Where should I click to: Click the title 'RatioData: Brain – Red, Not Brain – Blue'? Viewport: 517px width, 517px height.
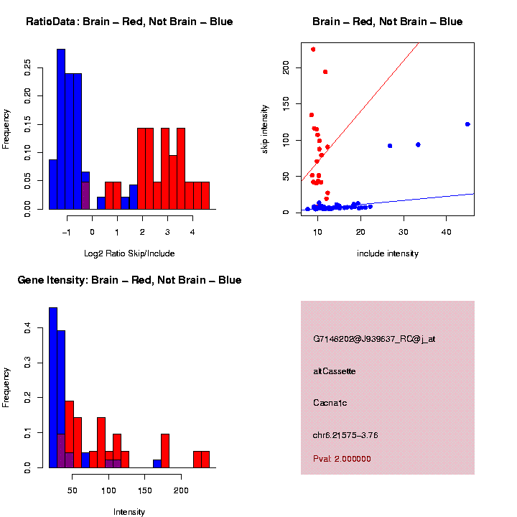click(x=129, y=22)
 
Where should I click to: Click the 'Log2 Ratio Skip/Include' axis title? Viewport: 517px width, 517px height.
click(x=129, y=253)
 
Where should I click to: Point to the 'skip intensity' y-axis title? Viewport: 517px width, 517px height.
click(x=265, y=126)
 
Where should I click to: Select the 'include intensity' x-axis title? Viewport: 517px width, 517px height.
click(x=388, y=253)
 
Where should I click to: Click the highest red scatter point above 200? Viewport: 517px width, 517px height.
click(x=313, y=50)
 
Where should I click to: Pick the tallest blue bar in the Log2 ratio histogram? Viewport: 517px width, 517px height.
click(x=61, y=129)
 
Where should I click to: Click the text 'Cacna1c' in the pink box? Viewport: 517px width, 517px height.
click(x=330, y=403)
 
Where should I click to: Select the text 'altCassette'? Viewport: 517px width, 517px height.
click(x=335, y=371)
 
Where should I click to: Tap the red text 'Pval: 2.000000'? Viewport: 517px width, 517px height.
click(x=343, y=458)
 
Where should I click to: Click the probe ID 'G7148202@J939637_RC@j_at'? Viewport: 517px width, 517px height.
click(x=374, y=339)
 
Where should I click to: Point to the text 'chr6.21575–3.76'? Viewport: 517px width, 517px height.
click(x=345, y=434)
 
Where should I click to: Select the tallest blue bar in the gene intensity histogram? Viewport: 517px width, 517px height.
click(x=53, y=388)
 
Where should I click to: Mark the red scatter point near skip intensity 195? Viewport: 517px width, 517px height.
click(x=325, y=72)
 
